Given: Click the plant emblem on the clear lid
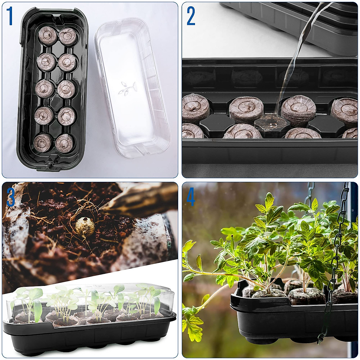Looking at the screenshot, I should coord(127,88).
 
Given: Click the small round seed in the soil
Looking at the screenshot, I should coord(85,226).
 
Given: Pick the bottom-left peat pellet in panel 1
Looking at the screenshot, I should coord(43,142).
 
